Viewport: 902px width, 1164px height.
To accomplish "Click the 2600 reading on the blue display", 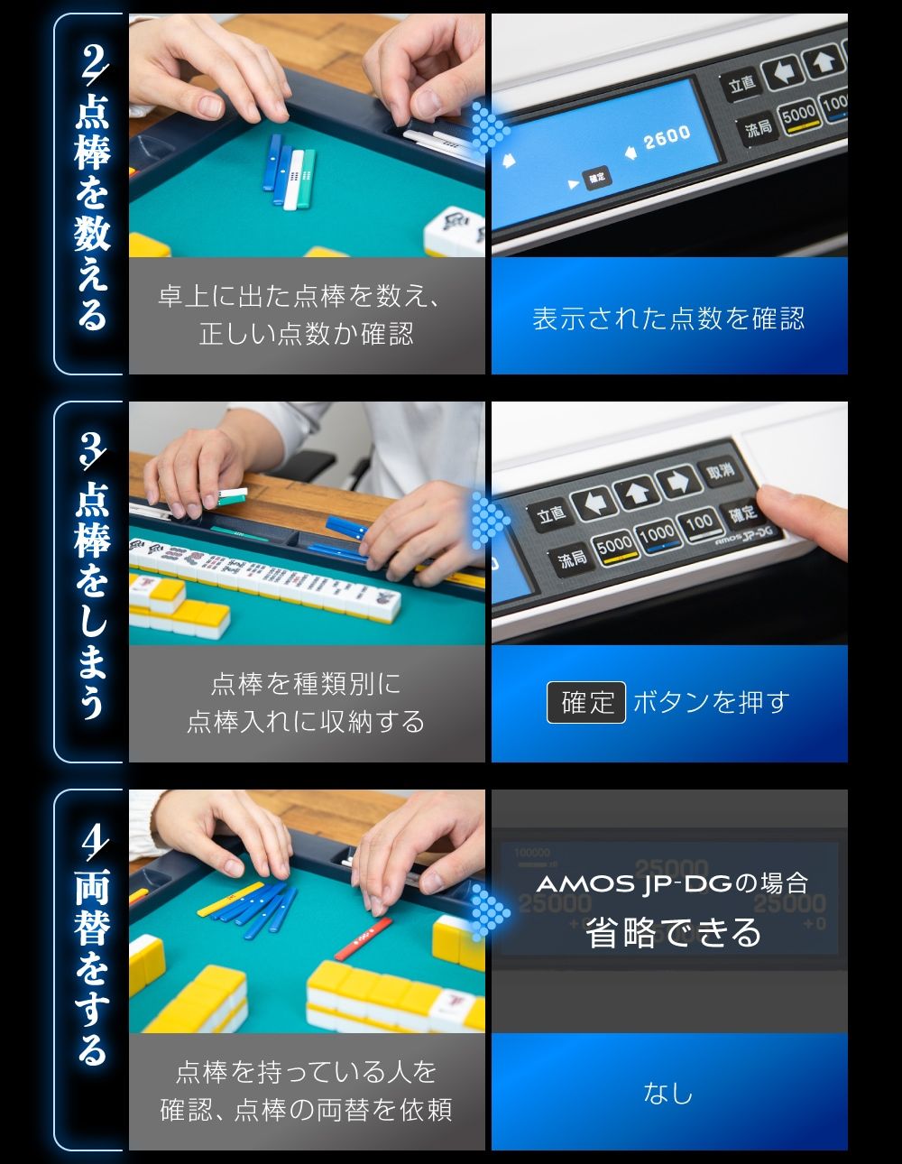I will click(667, 138).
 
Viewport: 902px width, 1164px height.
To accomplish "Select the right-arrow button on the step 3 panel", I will click(678, 484).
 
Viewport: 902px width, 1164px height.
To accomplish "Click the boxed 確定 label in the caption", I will click(586, 702).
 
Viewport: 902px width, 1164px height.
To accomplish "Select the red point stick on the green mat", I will click(364, 938).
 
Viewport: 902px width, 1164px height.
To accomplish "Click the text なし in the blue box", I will click(668, 1093).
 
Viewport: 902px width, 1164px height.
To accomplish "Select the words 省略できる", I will click(673, 932).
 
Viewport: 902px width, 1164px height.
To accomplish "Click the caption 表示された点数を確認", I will click(668, 319).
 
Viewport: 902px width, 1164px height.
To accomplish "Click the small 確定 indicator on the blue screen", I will click(596, 178).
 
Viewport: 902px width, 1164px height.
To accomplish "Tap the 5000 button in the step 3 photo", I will click(614, 545).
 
